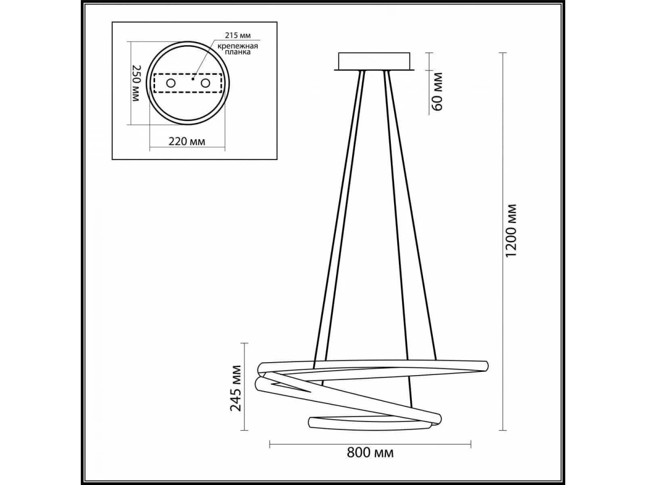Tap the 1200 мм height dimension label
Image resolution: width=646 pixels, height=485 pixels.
[511, 231]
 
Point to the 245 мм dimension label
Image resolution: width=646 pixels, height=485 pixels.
[235, 388]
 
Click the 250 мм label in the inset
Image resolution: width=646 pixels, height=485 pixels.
[135, 84]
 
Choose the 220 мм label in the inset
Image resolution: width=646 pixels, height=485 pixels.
[187, 142]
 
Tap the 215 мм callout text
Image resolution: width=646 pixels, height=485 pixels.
[238, 36]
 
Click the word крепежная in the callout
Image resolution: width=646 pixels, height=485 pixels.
[238, 46]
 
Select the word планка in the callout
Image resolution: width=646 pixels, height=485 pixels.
[237, 52]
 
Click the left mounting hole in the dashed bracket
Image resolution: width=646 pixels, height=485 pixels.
[171, 84]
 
